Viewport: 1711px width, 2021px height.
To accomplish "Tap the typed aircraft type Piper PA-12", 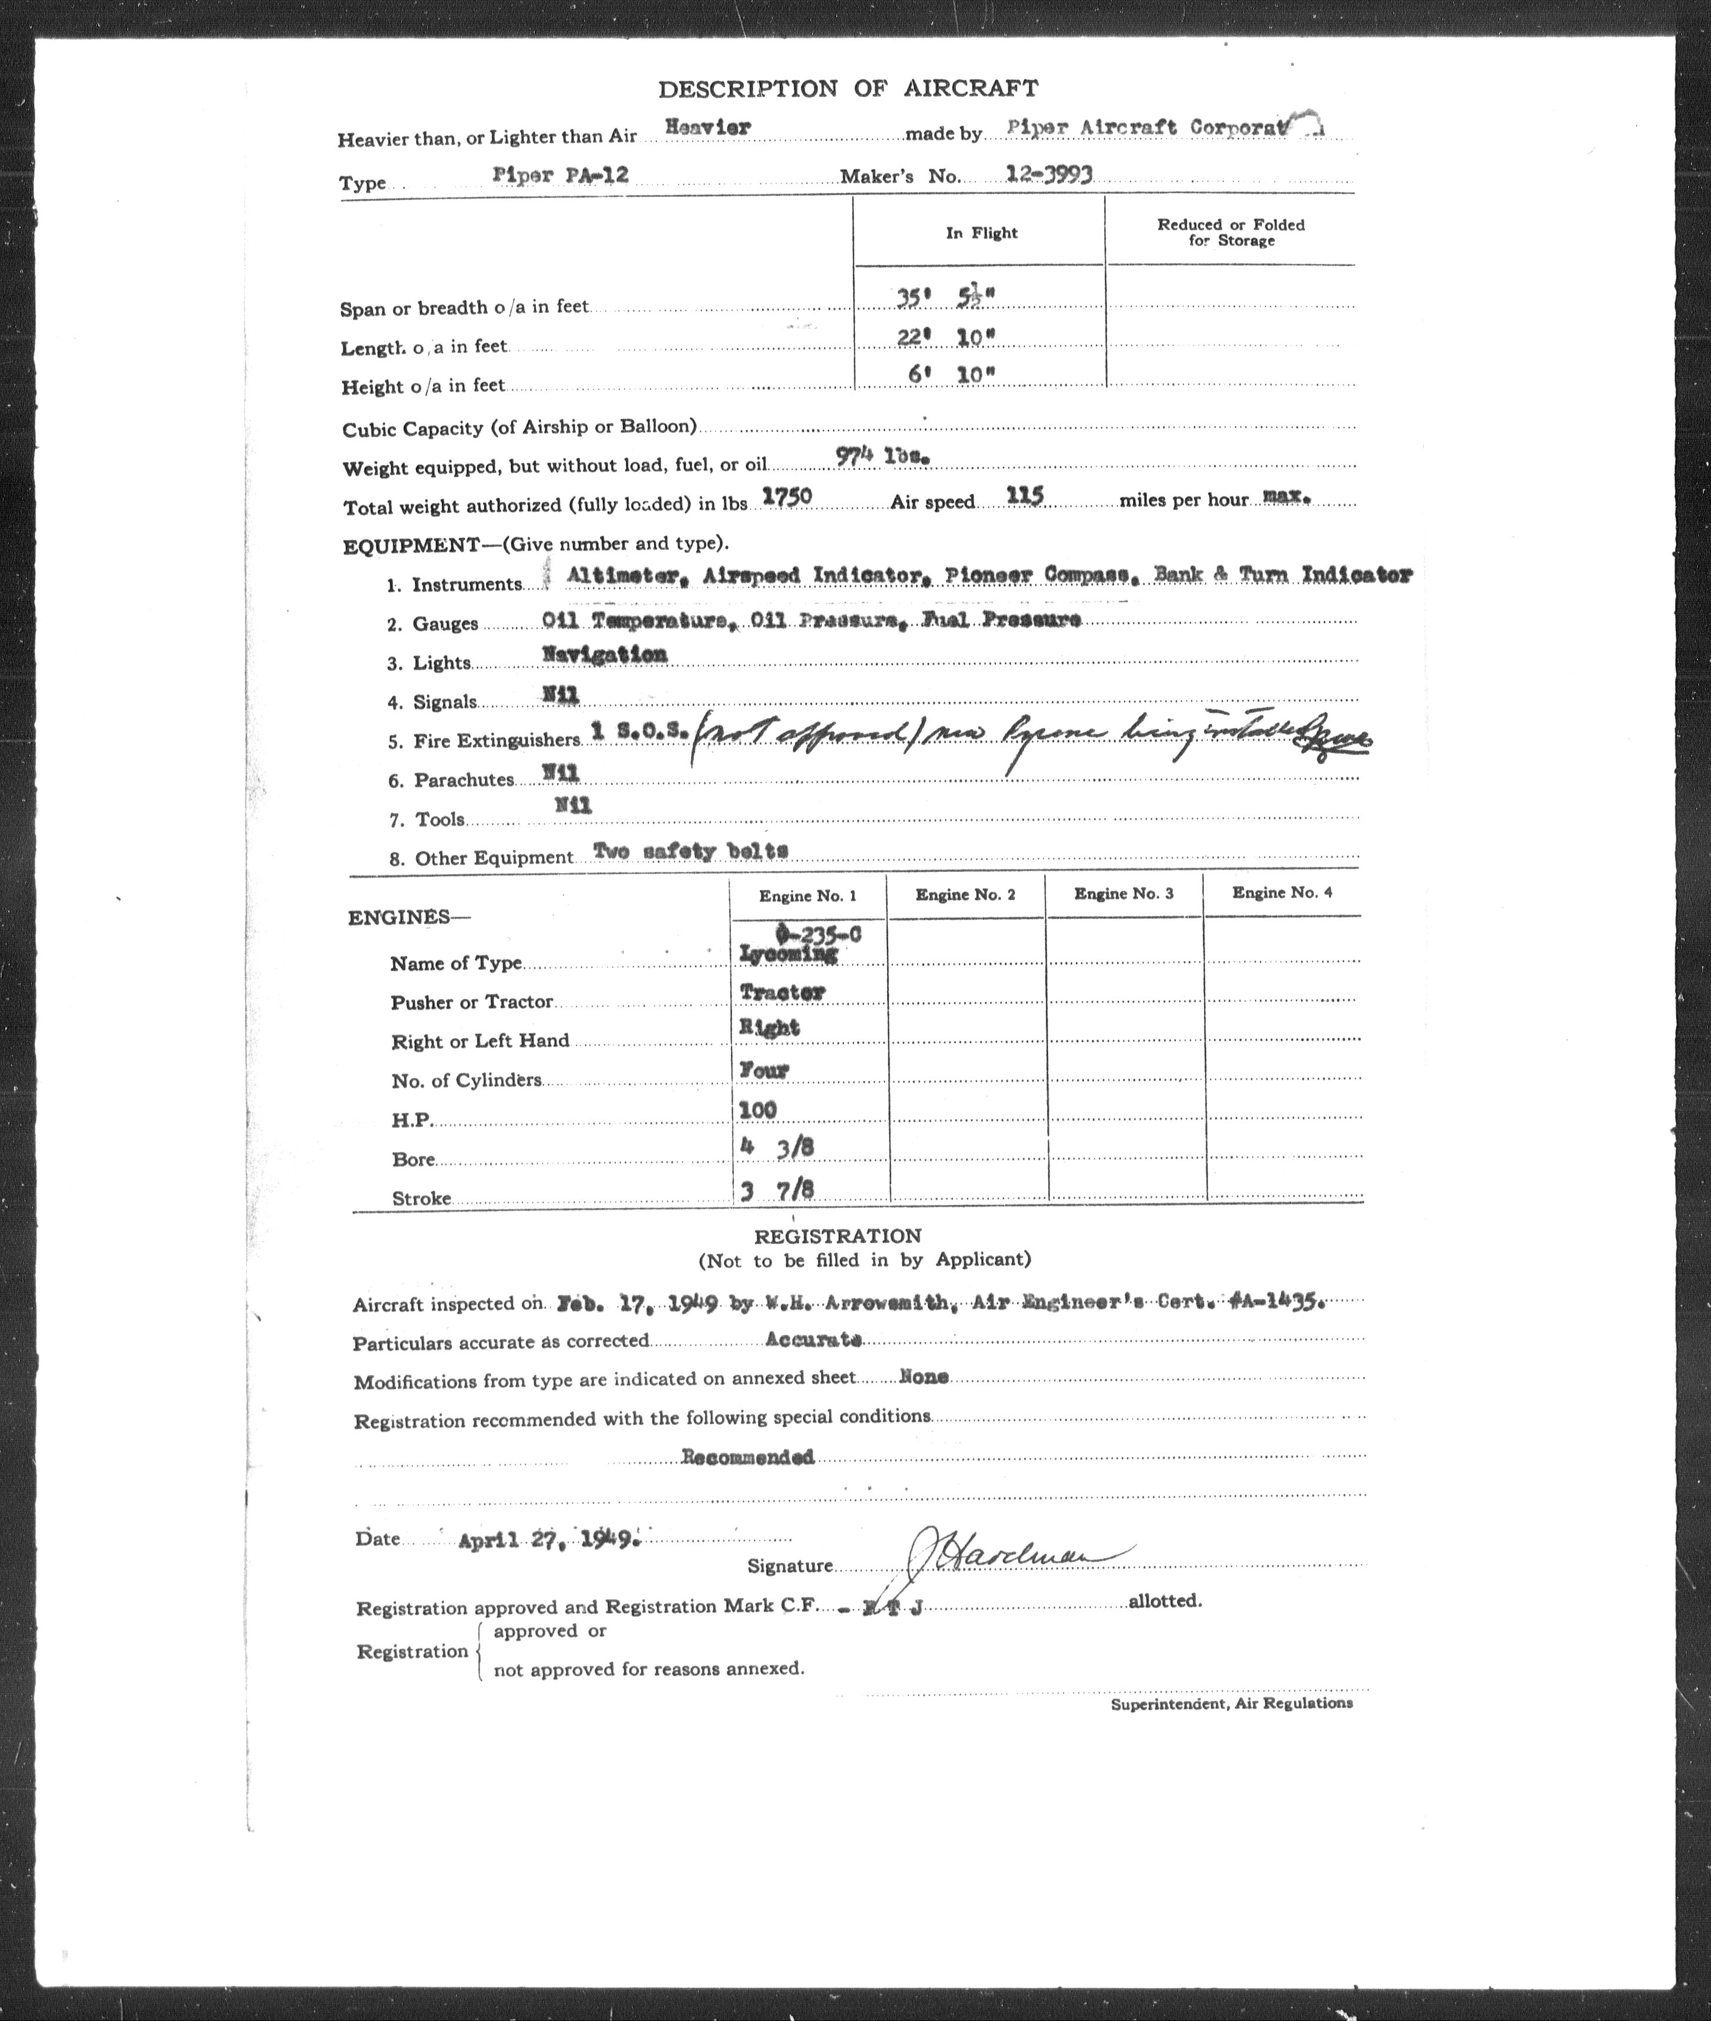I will pyautogui.click(x=561, y=176).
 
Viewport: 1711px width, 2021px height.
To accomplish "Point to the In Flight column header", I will pyautogui.click(x=982, y=233).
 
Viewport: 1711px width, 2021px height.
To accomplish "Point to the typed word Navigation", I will pyautogui.click(x=604, y=654).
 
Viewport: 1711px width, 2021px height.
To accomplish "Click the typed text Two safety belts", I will pyautogui.click(x=690, y=851).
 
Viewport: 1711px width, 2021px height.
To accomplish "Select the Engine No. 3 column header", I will pyautogui.click(x=1123, y=893).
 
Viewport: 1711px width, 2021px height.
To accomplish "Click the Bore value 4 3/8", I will pyautogui.click(x=776, y=1147).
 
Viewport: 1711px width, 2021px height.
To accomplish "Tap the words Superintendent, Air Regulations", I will pyautogui.click(x=1231, y=1703).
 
